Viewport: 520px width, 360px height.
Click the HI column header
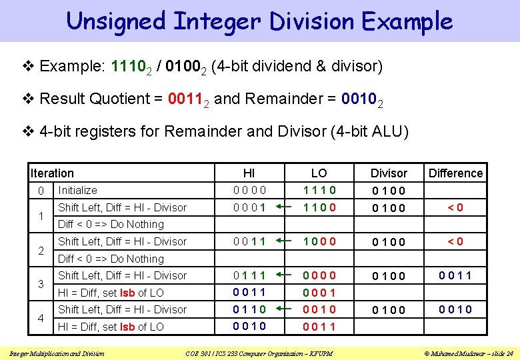tap(249, 173)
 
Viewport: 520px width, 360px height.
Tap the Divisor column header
tap(389, 173)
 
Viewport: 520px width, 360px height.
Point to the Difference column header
tap(455, 173)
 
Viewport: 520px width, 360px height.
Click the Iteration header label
tap(52, 173)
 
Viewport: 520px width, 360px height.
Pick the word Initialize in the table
tap(78, 191)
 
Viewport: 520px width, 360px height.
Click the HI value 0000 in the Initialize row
tap(249, 190)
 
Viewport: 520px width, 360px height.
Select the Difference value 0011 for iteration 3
tap(455, 275)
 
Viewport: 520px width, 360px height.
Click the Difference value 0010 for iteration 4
tap(455, 309)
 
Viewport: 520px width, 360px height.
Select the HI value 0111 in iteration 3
tap(249, 275)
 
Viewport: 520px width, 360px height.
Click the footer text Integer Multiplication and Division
tap(57, 353)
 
